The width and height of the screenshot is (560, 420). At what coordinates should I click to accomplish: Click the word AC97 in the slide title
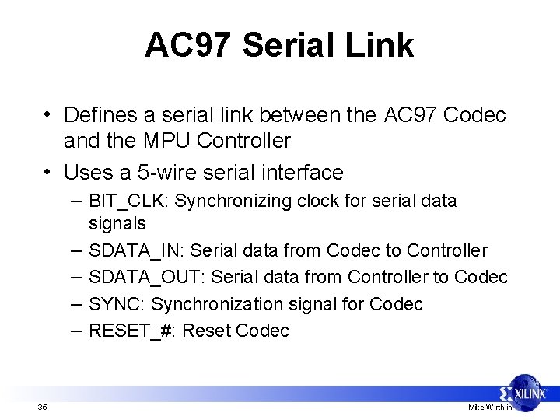point(187,45)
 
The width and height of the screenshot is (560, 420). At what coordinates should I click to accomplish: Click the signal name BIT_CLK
point(128,201)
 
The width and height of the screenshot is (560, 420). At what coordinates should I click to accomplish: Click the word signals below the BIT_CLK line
point(117,225)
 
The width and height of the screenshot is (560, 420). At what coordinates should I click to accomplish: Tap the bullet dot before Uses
point(48,169)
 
